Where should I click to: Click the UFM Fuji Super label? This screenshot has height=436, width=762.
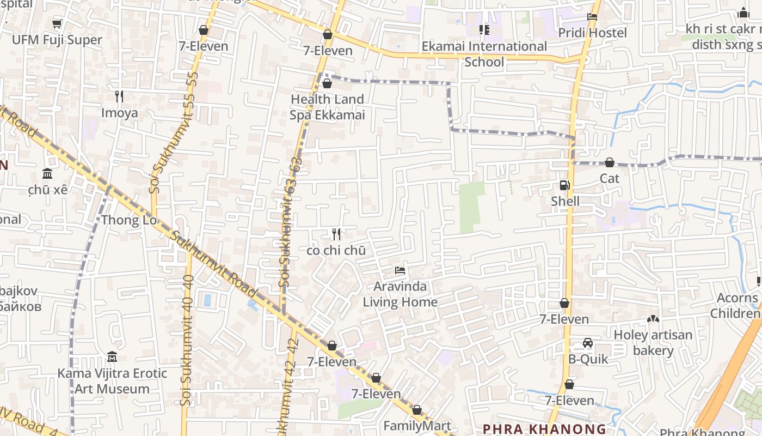tap(57, 40)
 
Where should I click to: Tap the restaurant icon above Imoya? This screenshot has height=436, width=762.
tap(119, 96)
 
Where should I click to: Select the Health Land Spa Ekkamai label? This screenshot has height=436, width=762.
tap(327, 107)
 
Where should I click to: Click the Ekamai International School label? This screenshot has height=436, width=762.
tap(484, 54)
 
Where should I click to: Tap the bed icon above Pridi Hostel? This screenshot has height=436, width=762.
tap(592, 17)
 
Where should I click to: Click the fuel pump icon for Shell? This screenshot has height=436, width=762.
tap(565, 185)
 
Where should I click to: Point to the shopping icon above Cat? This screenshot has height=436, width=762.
tap(610, 162)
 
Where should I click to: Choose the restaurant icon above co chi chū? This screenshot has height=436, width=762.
tap(336, 234)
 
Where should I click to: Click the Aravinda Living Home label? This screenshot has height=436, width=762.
tap(400, 294)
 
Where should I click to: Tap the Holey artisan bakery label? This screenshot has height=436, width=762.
tap(653, 342)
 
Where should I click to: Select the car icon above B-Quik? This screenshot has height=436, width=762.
tap(588, 343)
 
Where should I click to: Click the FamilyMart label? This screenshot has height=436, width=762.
tap(417, 426)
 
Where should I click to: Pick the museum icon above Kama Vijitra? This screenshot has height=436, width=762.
tap(112, 357)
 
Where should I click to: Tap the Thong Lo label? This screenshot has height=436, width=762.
tap(129, 220)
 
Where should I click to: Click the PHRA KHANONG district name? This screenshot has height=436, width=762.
tap(544, 429)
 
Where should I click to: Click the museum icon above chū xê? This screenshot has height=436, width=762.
tap(47, 174)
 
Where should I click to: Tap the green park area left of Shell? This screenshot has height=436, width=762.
tap(471, 207)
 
